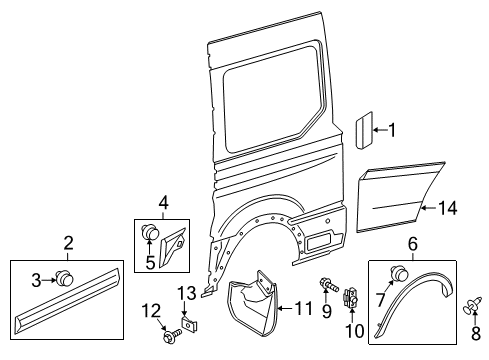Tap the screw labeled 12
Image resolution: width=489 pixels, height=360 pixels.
coord(167,336)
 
